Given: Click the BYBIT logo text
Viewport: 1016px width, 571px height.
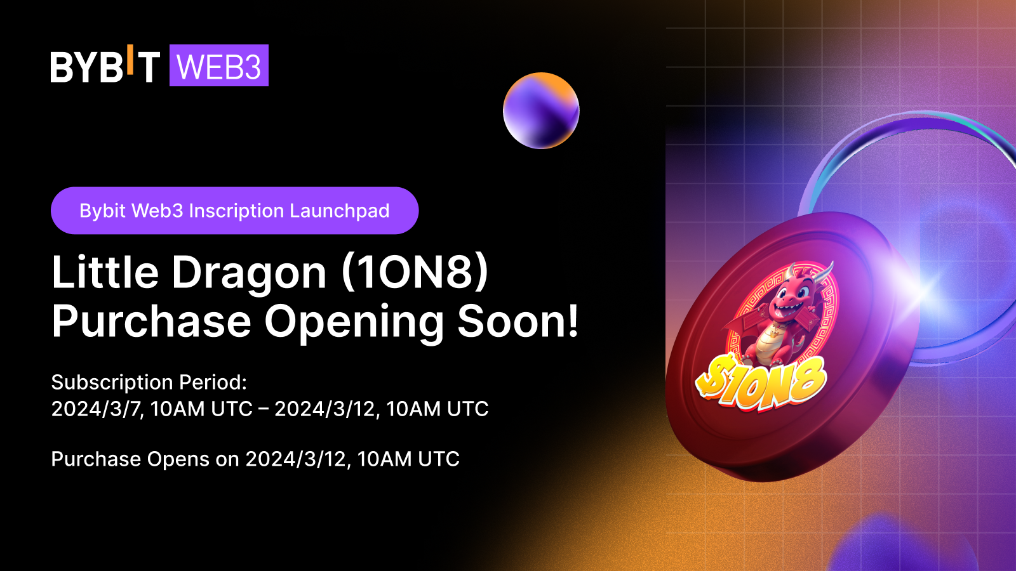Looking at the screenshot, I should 105,67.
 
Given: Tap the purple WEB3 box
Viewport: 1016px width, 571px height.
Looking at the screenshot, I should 219,66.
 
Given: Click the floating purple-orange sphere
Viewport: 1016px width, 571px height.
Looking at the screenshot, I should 541,110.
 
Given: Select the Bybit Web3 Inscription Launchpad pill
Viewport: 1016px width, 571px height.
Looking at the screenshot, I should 234,211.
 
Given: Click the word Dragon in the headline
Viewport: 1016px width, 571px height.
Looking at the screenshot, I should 249,273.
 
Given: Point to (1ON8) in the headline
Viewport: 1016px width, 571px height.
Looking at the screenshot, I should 415,273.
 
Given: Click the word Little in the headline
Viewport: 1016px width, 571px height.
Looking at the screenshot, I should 105,273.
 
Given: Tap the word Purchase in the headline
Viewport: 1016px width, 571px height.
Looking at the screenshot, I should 151,322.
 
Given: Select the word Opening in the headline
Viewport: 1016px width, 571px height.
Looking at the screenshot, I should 354,322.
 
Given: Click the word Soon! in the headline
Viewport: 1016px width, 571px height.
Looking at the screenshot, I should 518,322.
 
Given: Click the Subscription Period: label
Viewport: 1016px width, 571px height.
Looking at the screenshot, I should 149,383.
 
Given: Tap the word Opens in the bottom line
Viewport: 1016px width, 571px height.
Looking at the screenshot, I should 178,459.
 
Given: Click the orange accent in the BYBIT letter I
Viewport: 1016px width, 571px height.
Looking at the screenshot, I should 130,59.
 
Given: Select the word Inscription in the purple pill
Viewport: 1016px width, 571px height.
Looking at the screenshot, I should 236,211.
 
